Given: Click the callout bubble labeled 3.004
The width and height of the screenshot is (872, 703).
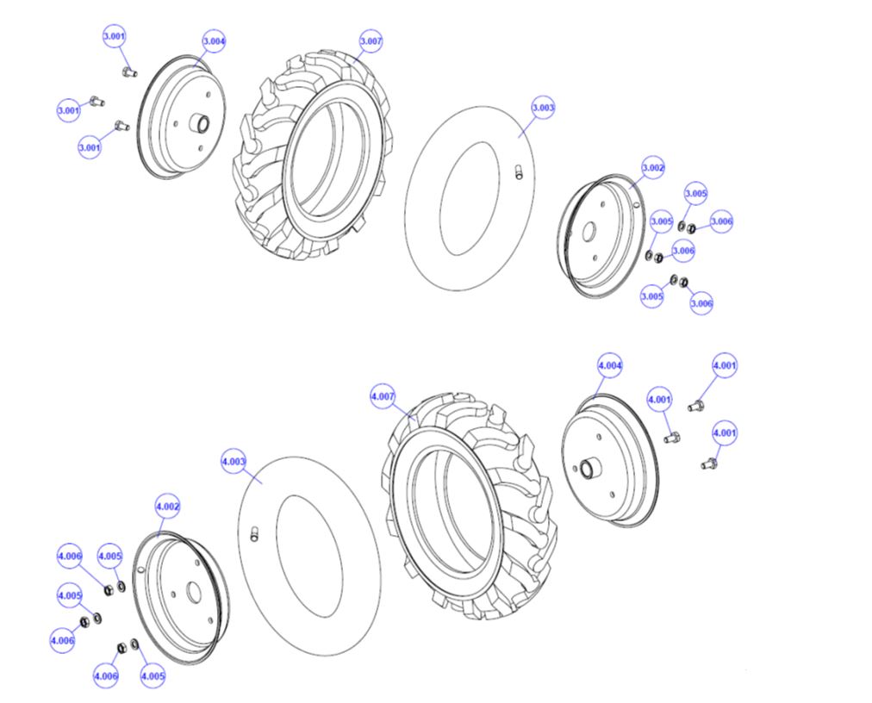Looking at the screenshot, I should (214, 41).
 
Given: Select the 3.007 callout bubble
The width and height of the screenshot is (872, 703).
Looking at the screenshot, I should (371, 41).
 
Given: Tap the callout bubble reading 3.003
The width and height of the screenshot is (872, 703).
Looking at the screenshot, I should (543, 109).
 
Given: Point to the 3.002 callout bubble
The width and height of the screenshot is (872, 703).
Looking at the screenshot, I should (653, 167).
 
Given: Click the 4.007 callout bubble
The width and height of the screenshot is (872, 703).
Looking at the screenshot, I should (383, 396).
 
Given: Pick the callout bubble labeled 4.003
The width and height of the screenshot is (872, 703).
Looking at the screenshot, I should (234, 462).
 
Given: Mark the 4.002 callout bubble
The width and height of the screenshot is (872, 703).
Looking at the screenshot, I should (167, 507).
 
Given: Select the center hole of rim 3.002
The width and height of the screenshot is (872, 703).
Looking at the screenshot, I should (589, 232).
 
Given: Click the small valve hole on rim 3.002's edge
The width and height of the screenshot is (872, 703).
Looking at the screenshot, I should (636, 205).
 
